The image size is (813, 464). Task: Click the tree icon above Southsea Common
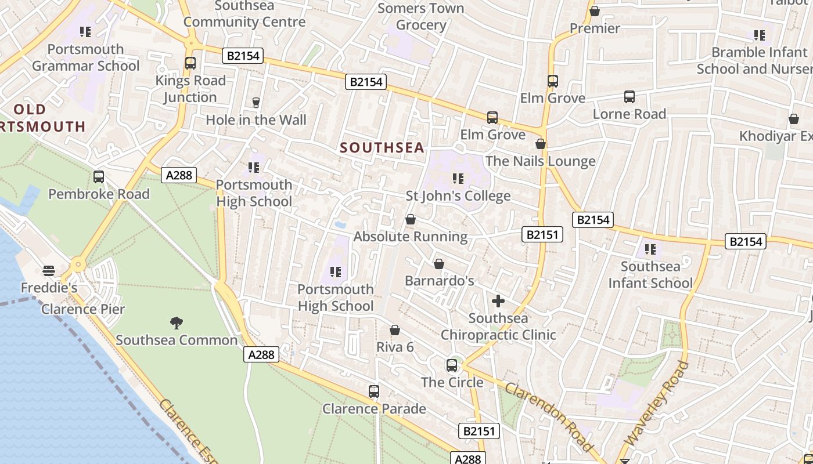[177, 322]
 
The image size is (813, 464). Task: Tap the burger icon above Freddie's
[49, 271]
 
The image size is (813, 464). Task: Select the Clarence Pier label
[83, 309]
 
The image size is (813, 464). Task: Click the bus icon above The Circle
[452, 365]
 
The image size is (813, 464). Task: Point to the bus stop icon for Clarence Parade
[374, 391]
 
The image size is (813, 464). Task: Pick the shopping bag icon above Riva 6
[395, 330]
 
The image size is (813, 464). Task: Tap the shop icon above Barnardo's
[439, 264]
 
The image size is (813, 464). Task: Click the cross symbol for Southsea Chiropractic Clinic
[498, 301]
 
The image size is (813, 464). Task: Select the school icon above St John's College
[458, 179]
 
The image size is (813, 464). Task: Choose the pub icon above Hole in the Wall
[256, 103]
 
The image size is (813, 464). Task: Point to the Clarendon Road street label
[549, 416]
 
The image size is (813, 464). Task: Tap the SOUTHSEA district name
[382, 148]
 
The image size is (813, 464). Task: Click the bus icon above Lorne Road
[629, 97]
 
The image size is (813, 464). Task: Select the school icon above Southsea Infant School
[650, 249]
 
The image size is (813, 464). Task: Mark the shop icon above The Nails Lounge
[541, 144]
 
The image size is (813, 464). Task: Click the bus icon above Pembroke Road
[99, 177]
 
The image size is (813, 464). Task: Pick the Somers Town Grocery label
[421, 17]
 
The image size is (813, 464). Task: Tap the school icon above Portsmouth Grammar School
[85, 32]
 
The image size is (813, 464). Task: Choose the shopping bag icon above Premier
[595, 11]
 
